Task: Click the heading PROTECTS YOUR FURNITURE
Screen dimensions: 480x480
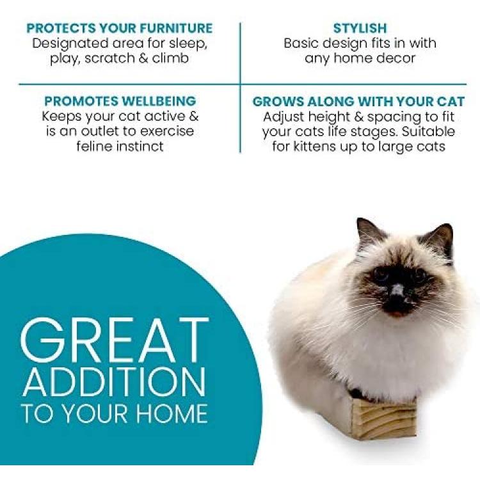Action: point(120,28)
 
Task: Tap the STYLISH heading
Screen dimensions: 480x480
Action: point(360,28)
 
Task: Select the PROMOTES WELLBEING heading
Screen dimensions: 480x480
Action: point(120,101)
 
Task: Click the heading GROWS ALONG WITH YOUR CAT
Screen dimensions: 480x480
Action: point(358,101)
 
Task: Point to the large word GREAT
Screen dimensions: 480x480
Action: point(115,340)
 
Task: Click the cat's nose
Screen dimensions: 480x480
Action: point(397,290)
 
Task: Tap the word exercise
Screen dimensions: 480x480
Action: point(167,132)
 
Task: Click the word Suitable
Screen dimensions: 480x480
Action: point(428,132)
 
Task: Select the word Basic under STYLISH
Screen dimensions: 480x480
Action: point(301,43)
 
